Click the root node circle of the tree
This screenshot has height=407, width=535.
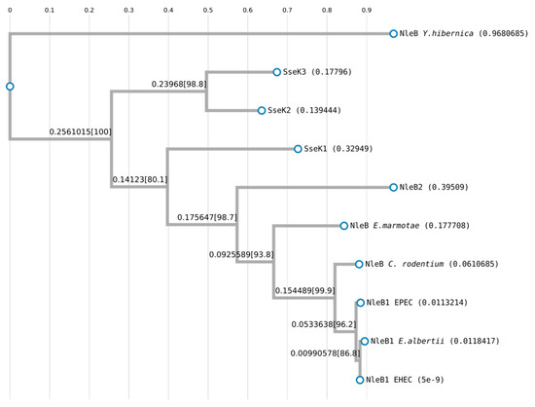pyautogui.click(x=10, y=87)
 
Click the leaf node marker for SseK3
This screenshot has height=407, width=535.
pyautogui.click(x=277, y=72)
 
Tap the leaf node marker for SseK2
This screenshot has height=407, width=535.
pyautogui.click(x=262, y=111)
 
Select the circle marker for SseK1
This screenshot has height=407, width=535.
pyautogui.click(x=298, y=149)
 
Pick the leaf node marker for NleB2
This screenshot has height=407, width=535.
pyautogui.click(x=393, y=187)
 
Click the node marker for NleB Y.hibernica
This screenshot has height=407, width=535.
pyautogui.click(x=393, y=33)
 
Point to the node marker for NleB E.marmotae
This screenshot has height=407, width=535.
pyautogui.click(x=344, y=226)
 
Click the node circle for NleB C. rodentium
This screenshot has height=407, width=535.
pyautogui.click(x=359, y=264)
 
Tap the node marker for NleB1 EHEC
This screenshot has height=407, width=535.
pyautogui.click(x=360, y=380)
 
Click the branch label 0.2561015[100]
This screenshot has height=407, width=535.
pyautogui.click(x=80, y=130)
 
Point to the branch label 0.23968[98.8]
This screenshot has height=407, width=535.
pyautogui.click(x=179, y=84)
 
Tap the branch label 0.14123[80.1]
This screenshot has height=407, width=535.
pyautogui.click(x=139, y=179)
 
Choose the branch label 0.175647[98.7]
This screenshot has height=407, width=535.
pyautogui.click(x=207, y=217)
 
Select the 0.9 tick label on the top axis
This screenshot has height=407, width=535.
pyautogui.click(x=367, y=10)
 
